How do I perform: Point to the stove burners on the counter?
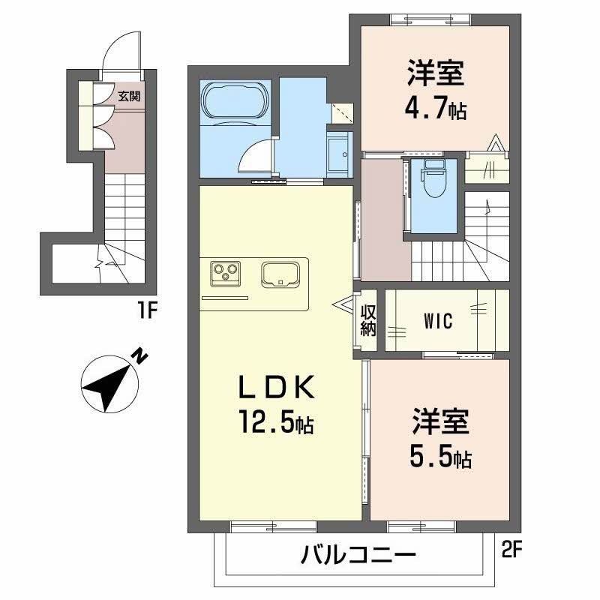226,273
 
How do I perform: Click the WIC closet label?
437,322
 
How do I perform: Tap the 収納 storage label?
367,320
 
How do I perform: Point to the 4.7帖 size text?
435,111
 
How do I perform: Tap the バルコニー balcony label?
358,556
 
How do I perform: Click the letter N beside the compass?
139,355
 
